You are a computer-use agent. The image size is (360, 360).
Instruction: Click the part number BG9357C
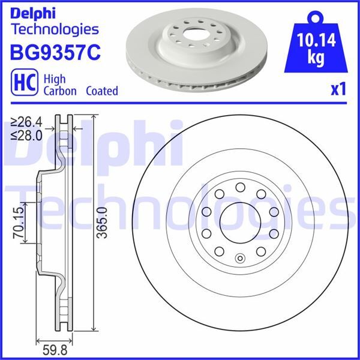coord(55,52)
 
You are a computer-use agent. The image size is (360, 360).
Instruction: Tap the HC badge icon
coord(22,84)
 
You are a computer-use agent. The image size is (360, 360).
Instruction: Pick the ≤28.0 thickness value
coord(26,135)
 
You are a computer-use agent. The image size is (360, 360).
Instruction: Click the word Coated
coord(101,91)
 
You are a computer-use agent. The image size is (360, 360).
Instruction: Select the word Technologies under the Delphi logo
coord(55,28)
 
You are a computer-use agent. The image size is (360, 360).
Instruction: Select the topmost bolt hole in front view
coord(239,188)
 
